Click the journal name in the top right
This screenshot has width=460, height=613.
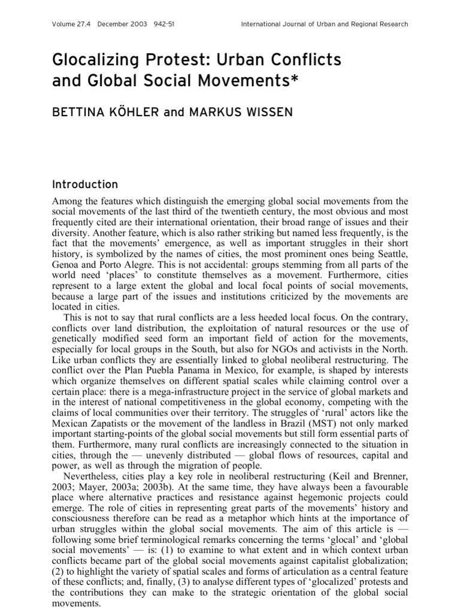[324, 25]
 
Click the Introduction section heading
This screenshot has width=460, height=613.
[84, 184]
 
